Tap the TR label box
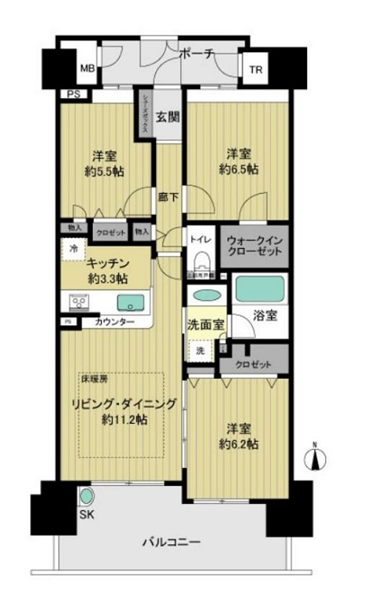click(x=256, y=70)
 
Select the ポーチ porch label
click(x=194, y=54)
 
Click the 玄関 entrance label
click(x=166, y=119)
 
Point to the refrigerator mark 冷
click(x=72, y=247)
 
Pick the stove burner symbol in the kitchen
click(x=80, y=301)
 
